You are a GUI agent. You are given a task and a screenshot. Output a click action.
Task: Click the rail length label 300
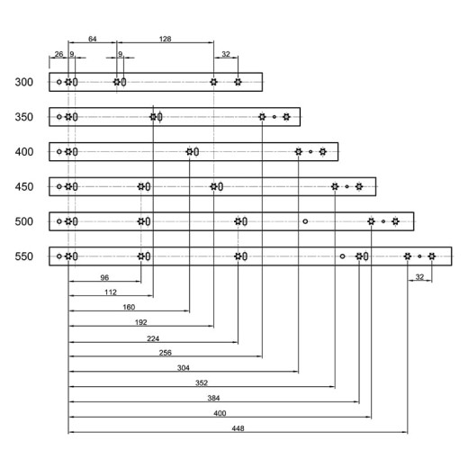click(x=24, y=82)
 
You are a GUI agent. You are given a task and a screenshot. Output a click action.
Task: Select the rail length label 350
click(x=24, y=117)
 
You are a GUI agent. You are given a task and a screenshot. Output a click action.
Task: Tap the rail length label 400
click(x=24, y=152)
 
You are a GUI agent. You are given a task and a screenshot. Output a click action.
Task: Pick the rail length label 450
click(x=24, y=186)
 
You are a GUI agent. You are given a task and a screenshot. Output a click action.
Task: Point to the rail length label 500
click(x=24, y=221)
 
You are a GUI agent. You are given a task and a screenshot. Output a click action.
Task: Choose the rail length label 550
click(x=24, y=256)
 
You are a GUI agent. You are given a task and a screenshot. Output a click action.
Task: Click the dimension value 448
click(x=238, y=428)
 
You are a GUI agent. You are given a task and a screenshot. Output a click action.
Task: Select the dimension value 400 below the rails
click(x=220, y=413)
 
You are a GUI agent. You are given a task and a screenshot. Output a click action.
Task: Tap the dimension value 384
click(x=213, y=398)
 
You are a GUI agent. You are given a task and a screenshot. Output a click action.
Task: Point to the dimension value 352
click(x=202, y=382)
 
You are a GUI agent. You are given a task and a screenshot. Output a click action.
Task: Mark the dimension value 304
click(x=184, y=368)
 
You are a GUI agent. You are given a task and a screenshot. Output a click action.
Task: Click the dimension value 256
click(x=166, y=353)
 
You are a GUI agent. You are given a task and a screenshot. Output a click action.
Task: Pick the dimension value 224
click(x=153, y=338)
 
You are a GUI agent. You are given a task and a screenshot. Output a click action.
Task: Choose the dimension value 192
click(x=141, y=322)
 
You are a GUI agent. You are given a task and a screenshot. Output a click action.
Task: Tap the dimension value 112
click(x=111, y=292)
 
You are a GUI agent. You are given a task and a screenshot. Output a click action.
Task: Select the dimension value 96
click(x=104, y=277)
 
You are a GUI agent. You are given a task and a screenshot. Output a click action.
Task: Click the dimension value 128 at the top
click(x=165, y=39)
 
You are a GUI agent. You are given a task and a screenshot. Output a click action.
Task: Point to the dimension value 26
click(x=58, y=54)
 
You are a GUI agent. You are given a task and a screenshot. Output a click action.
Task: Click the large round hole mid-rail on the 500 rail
click(x=305, y=221)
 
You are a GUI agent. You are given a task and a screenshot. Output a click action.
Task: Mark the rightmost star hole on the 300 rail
click(x=238, y=82)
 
